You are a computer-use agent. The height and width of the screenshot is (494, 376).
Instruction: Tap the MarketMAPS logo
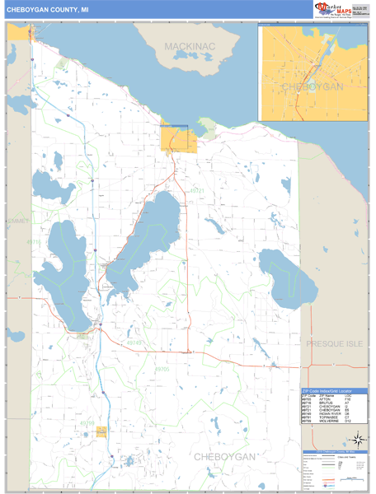coord(336,9)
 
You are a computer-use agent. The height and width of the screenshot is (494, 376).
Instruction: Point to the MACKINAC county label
coord(190,46)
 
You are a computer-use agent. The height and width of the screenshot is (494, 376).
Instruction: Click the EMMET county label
coord(16,221)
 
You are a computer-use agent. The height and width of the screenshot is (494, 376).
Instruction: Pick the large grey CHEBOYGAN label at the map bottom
coord(224,456)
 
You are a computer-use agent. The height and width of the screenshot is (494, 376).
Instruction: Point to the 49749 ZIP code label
coord(134,343)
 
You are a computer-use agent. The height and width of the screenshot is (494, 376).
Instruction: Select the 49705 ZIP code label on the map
coord(163,370)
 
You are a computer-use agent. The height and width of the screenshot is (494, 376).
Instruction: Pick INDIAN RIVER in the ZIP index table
coord(328,412)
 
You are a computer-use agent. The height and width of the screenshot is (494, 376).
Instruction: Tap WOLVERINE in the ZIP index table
coord(327,421)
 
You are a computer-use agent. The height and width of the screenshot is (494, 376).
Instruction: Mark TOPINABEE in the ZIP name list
coord(327,417)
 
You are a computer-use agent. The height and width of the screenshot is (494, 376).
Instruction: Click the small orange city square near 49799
coord(101,431)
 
